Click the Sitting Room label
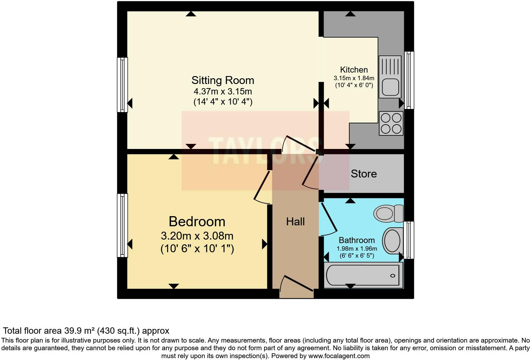(223, 80)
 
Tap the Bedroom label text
(197, 222)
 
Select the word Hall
(295, 222)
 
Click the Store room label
(364, 174)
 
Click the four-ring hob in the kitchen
(391, 123)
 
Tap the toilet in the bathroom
(388, 213)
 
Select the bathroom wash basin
(392, 241)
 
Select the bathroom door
(329, 219)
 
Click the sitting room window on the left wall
(122, 85)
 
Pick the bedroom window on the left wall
(122, 225)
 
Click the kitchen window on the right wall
(409, 80)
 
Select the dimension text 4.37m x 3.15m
(223, 92)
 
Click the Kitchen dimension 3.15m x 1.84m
(354, 78)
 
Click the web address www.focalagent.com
(339, 356)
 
